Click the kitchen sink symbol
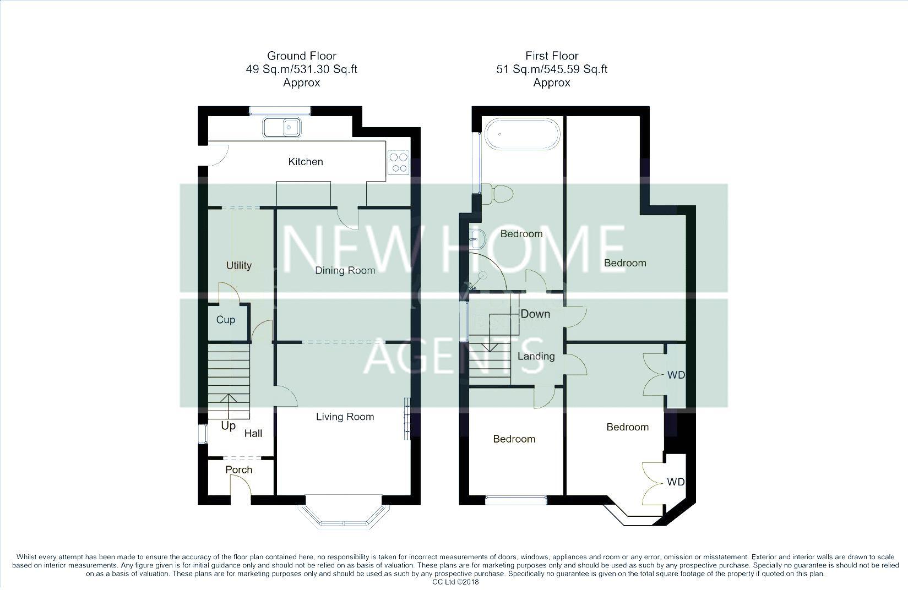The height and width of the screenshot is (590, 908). pos(281,128)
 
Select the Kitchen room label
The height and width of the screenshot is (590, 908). pos(306,161)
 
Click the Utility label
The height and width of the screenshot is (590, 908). pos(239,265)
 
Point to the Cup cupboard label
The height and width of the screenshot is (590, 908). pos(226,320)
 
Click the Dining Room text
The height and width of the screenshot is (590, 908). pos(345,270)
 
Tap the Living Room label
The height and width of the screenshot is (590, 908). pos(345,417)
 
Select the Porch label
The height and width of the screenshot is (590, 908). pos(239,469)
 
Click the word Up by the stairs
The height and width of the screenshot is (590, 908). pos(228,426)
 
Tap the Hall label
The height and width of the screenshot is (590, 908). pos(253,434)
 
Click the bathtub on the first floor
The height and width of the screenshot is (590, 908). pos(522,134)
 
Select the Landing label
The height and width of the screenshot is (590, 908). pos(536,356)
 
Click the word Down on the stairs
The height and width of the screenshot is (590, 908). pos(535,314)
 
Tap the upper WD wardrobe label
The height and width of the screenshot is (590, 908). pos(676,375)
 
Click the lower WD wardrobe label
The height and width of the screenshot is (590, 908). pos(676,482)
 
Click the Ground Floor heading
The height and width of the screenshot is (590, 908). pos(301,56)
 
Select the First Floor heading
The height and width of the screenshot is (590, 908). pos(552,56)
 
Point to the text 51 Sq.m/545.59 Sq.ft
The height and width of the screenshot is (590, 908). pos(552,69)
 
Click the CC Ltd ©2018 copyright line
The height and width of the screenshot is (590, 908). pos(455,582)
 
